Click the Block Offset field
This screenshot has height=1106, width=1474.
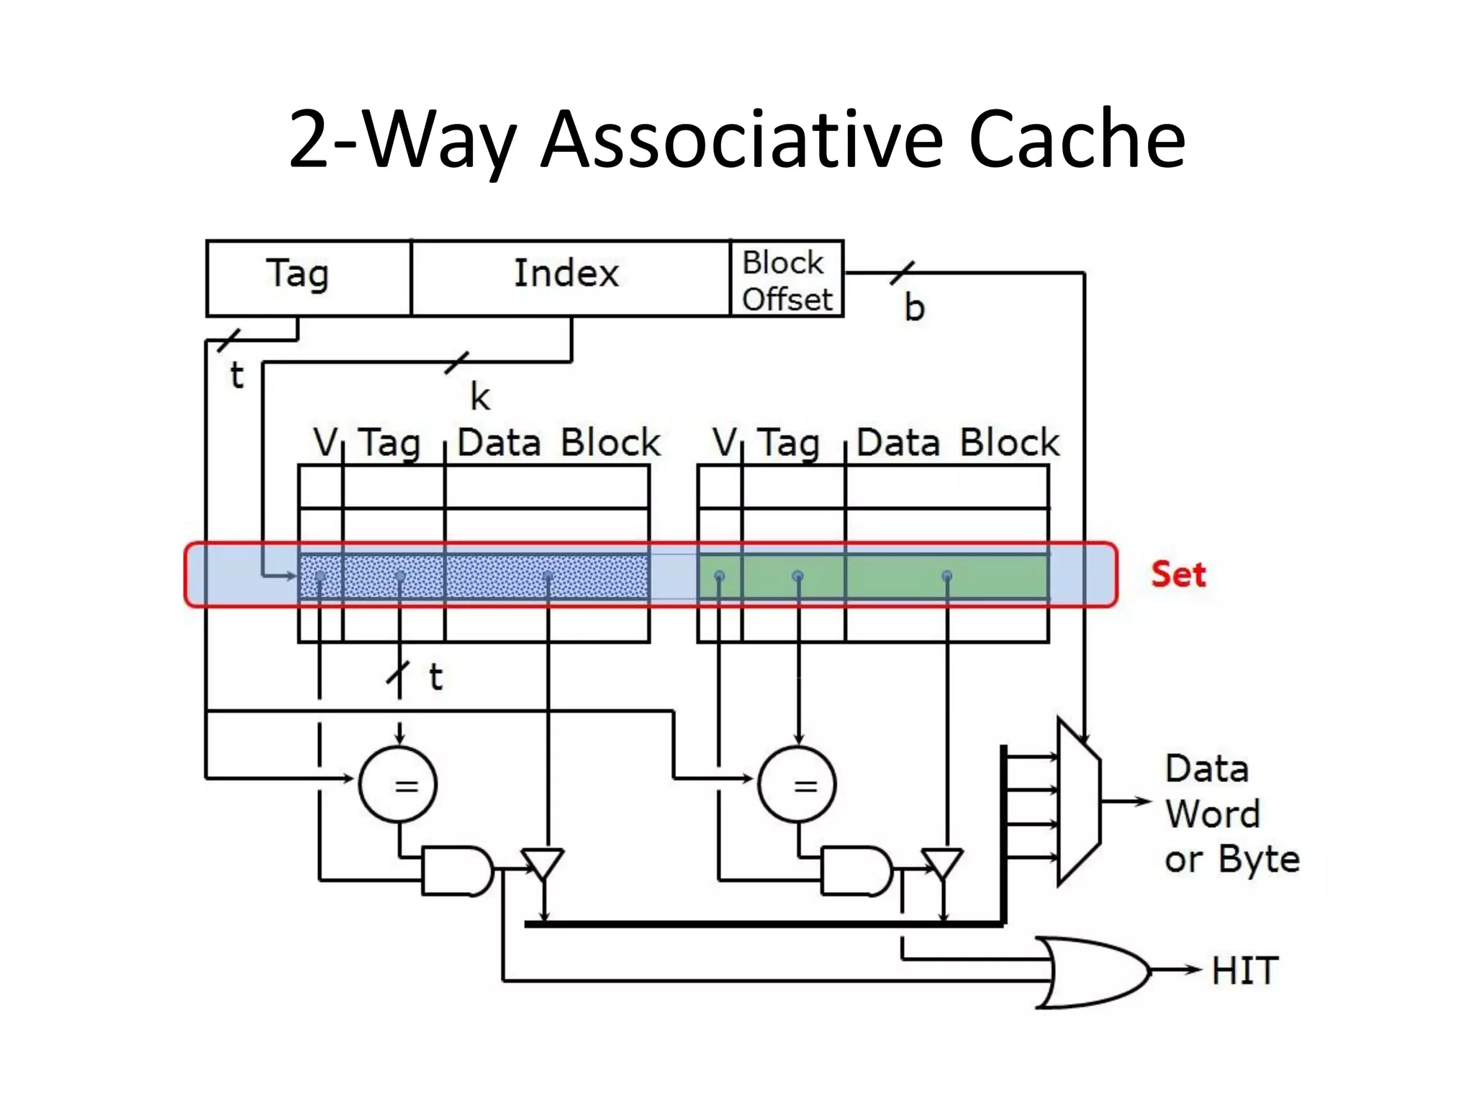787,279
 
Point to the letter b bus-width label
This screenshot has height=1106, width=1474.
914,308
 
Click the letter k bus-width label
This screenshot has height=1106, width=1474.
480,397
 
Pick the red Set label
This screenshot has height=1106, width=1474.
1178,575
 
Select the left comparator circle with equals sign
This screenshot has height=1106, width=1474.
398,784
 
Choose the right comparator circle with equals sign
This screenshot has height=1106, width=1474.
797,784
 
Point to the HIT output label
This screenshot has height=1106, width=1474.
1244,971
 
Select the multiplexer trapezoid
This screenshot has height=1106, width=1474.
1078,801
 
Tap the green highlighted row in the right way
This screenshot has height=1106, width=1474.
873,576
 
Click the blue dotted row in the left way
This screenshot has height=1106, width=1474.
474,576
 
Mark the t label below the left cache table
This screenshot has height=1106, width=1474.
435,677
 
